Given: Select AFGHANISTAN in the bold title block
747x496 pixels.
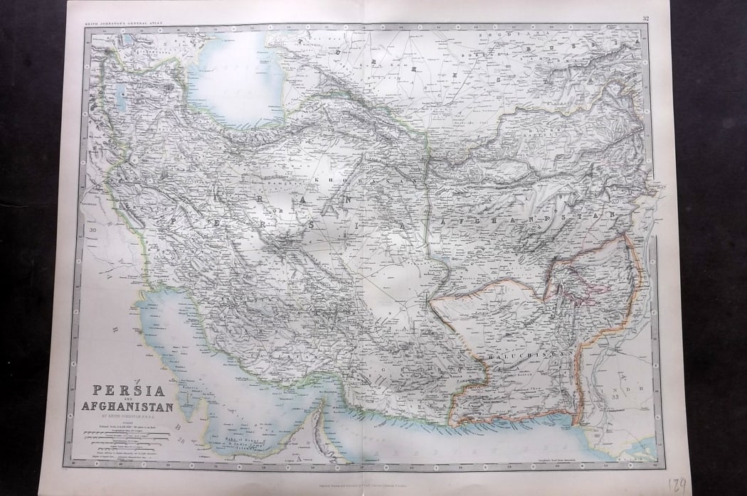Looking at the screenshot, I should (128, 406).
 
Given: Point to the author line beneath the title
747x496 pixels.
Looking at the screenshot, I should (128, 416).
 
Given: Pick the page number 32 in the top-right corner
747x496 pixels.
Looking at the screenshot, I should (645, 19).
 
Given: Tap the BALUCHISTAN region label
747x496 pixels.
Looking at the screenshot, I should (519, 353).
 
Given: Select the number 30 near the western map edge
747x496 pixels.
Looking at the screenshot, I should (93, 230).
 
